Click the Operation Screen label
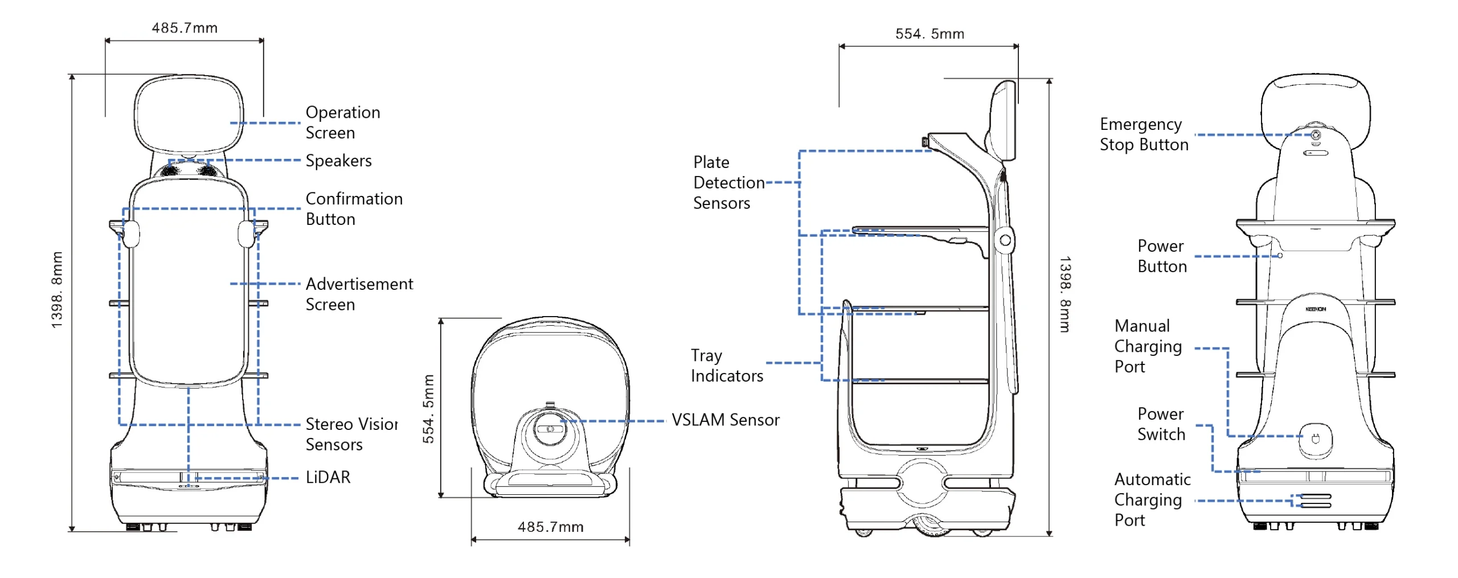coord(342,122)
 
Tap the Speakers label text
coord(338,161)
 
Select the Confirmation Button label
coord(353,208)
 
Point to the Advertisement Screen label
coord(358,294)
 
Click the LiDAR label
coord(327,477)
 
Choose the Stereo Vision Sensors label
coord(350,434)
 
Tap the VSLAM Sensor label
coord(724,420)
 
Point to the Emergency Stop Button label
coord(1143,134)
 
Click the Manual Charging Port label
coord(1147,346)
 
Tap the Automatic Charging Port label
coord(1151,499)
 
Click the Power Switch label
coord(1161,424)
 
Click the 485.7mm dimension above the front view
coord(185,28)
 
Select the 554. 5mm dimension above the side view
coord(929,34)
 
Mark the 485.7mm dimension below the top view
coord(550,527)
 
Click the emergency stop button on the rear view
coord(1315,135)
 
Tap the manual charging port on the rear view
coord(1315,438)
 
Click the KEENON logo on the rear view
coord(1315,309)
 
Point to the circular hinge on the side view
coord(1005,240)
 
